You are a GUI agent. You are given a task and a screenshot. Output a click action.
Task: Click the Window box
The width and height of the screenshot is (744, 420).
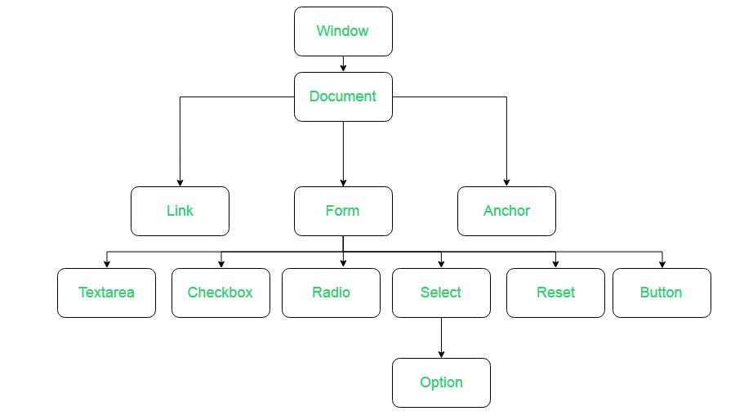(343, 32)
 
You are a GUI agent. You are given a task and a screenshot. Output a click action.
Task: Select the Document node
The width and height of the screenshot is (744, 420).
(343, 96)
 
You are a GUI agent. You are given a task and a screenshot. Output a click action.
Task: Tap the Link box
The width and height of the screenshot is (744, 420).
(180, 211)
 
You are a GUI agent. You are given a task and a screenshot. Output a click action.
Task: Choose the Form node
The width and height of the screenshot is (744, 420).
(343, 211)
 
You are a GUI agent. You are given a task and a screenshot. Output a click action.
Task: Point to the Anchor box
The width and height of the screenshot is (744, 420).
(506, 211)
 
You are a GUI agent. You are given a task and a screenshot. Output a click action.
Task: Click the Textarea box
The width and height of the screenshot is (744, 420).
(106, 293)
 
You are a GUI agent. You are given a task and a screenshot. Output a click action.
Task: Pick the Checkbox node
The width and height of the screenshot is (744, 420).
(221, 293)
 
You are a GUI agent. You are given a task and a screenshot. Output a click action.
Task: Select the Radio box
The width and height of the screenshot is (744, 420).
(331, 293)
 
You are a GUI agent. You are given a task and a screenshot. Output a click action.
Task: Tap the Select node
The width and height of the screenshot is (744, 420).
(441, 293)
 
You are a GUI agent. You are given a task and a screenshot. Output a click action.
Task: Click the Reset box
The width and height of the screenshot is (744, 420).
(555, 293)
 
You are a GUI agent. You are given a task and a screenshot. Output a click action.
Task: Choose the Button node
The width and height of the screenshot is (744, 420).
(662, 293)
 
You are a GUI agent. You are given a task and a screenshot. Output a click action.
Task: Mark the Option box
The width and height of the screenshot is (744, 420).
(441, 382)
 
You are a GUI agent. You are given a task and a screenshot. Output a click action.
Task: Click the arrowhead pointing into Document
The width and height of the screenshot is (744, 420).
(343, 68)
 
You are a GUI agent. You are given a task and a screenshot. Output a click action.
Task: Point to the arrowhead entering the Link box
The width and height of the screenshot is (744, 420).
(180, 182)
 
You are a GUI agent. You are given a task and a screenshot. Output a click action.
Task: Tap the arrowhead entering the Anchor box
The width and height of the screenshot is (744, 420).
(506, 182)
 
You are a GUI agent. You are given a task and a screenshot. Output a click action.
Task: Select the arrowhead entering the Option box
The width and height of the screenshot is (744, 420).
(441, 354)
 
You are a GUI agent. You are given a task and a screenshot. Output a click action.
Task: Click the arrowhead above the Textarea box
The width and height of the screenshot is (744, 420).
(106, 264)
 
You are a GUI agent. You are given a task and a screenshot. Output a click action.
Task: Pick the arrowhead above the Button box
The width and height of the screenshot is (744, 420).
(662, 264)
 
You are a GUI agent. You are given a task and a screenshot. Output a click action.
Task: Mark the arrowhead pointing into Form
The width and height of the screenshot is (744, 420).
(343, 182)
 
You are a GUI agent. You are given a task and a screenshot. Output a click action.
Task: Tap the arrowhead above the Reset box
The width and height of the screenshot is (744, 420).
(555, 264)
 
